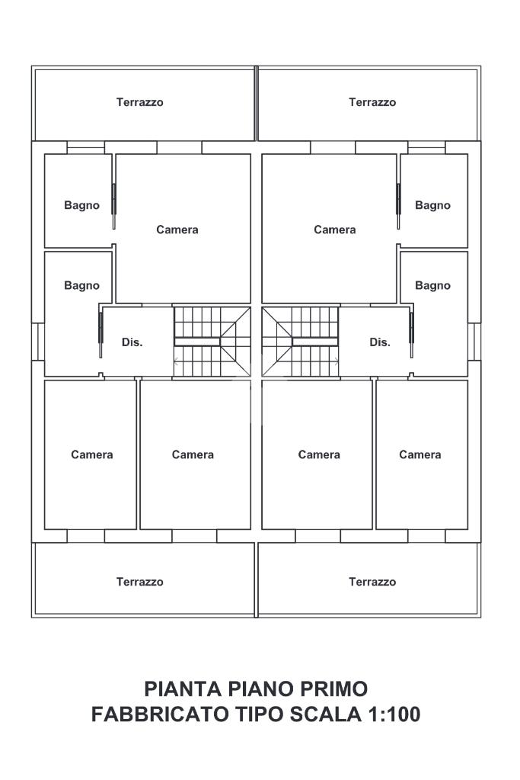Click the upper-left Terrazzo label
click(139, 102)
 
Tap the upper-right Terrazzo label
click(372, 102)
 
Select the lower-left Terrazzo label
click(139, 582)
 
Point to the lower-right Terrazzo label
click(372, 582)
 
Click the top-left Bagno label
click(82, 205)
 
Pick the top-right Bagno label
click(432, 205)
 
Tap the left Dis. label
click(132, 342)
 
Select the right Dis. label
click(380, 342)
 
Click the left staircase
click(212, 342)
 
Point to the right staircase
click(301, 342)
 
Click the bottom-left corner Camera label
click(92, 454)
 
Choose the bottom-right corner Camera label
click(420, 454)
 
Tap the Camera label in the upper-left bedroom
click(177, 230)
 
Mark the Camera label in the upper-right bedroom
click(335, 230)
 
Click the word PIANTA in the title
click(183, 689)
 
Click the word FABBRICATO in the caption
click(159, 714)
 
